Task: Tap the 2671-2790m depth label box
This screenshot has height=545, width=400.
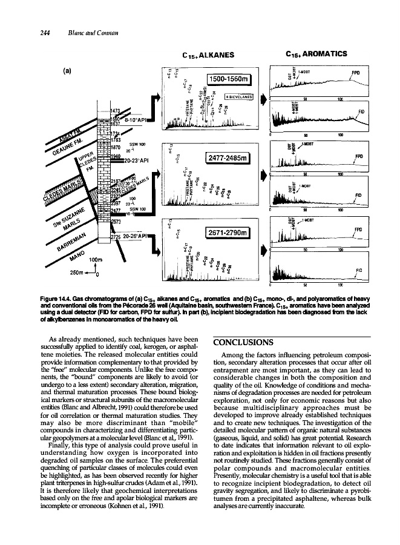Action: (x=224, y=233)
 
